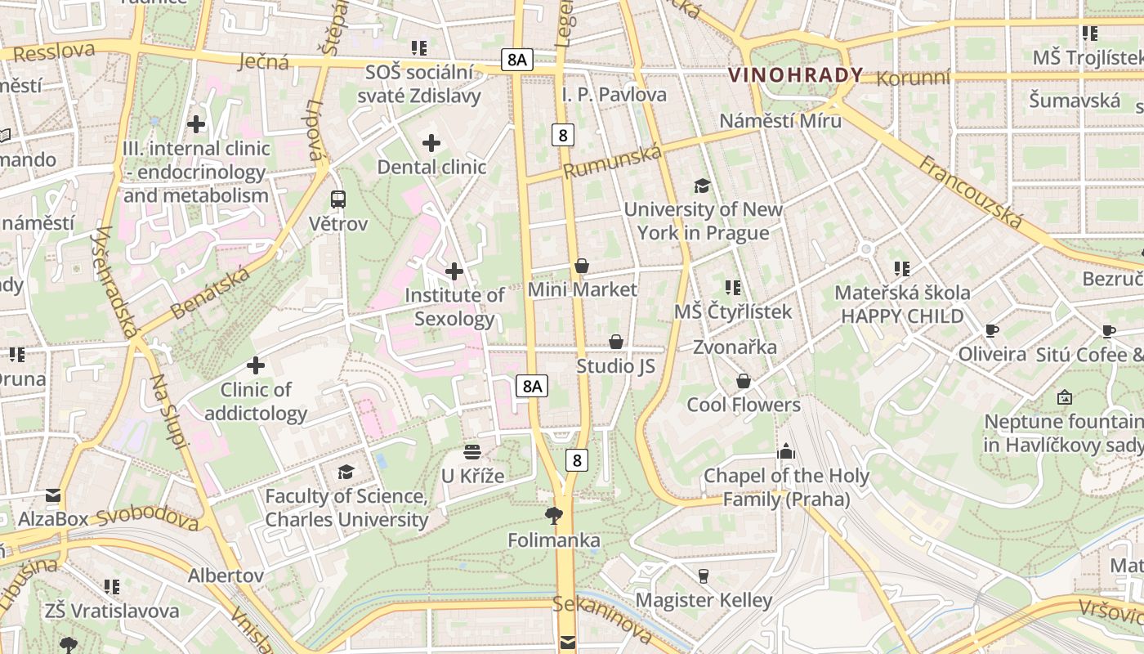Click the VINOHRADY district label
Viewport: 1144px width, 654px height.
click(x=795, y=75)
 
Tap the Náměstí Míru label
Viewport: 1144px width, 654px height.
click(x=780, y=121)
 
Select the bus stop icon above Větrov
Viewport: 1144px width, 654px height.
click(x=337, y=199)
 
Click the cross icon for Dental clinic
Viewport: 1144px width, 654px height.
click(x=431, y=143)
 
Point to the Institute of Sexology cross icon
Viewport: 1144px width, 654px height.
click(x=454, y=271)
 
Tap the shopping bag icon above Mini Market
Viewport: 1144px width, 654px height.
click(x=582, y=266)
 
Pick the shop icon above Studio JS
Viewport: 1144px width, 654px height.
click(x=616, y=342)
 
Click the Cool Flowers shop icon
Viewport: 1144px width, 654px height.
click(x=744, y=381)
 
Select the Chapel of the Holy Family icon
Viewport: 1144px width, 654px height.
click(x=785, y=451)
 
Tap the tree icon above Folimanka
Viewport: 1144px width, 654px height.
click(x=554, y=515)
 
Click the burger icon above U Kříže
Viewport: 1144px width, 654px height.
click(x=472, y=451)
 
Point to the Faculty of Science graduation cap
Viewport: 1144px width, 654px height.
click(x=346, y=472)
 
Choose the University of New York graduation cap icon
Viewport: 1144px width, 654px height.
click(x=702, y=186)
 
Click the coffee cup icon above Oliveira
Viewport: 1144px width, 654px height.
click(x=991, y=330)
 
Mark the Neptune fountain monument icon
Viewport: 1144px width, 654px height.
click(x=1064, y=397)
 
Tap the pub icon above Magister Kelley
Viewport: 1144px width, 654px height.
click(x=703, y=576)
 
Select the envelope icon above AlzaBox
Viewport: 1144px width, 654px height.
click(x=53, y=495)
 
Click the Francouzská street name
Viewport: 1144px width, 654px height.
click(x=971, y=191)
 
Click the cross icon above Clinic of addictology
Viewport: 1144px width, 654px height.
click(x=256, y=365)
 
